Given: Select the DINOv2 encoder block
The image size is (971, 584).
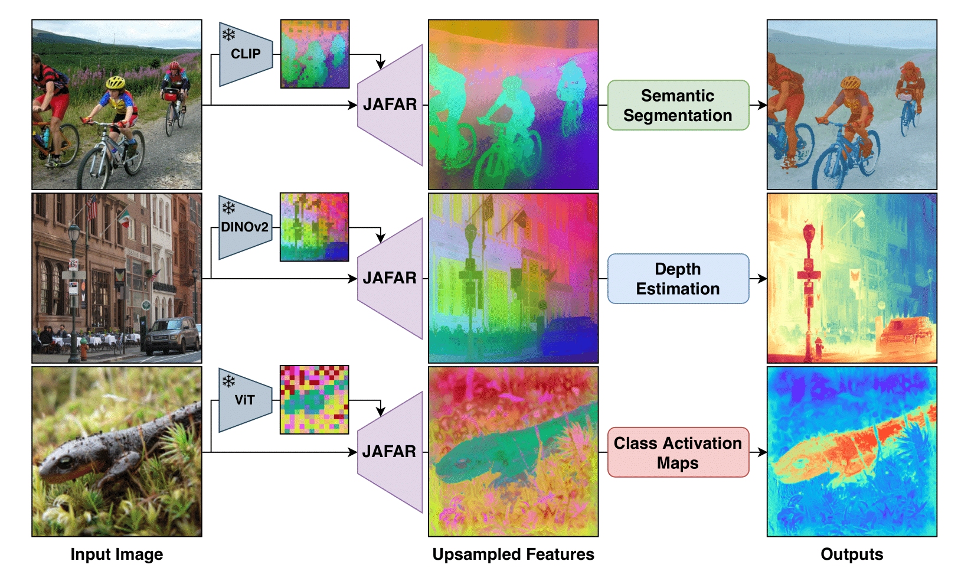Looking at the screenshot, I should (x=244, y=227).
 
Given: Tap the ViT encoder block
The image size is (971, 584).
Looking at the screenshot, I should (x=244, y=400).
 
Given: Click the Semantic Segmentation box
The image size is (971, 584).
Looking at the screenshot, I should (x=678, y=105).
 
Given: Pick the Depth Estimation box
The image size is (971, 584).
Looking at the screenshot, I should (x=678, y=279).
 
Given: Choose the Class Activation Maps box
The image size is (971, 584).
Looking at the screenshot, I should (x=678, y=452).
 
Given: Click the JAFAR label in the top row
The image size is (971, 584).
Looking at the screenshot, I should (x=390, y=105).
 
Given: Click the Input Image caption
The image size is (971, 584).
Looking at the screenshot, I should (x=116, y=554).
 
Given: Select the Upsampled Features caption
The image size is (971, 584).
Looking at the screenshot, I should (x=513, y=554).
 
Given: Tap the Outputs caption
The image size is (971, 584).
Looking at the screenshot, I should (x=851, y=554).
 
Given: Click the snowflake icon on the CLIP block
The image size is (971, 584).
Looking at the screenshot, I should (x=228, y=34).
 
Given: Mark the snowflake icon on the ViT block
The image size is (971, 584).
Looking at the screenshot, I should (x=228, y=381).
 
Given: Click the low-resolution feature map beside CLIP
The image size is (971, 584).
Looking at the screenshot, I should (x=315, y=54).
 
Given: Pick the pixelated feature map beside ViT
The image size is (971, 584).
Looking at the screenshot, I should (x=314, y=400).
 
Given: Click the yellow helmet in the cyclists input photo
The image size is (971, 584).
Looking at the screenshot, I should (x=115, y=83).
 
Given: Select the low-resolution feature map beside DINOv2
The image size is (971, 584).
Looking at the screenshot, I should (x=314, y=227).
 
